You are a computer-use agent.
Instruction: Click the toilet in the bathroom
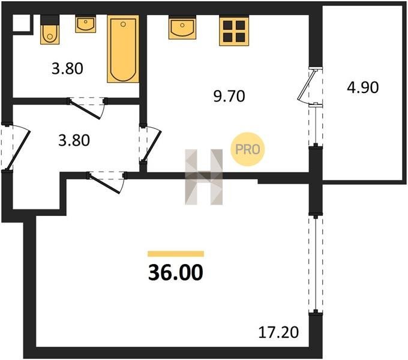point(50,30)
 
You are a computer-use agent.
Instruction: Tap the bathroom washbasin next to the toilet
point(85,24)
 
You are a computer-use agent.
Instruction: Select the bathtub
point(123,49)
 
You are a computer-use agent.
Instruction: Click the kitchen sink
point(182,28)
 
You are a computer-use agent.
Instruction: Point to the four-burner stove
point(234,31)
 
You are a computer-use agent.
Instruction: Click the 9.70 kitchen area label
point(229,96)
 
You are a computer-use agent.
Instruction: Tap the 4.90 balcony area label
point(363,88)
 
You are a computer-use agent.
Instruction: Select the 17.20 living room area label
point(278,332)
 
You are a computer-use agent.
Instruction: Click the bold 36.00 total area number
point(176,272)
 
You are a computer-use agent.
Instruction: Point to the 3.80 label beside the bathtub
point(67,69)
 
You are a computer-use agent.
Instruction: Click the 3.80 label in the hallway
point(74,140)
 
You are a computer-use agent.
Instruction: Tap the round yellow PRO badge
point(247,149)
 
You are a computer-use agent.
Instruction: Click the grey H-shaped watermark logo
point(204,177)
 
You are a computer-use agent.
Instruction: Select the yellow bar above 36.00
point(176,254)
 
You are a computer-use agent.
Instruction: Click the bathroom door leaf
point(85,110)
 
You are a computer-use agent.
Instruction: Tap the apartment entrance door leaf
point(17,151)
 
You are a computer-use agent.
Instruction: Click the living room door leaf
point(104,184)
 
